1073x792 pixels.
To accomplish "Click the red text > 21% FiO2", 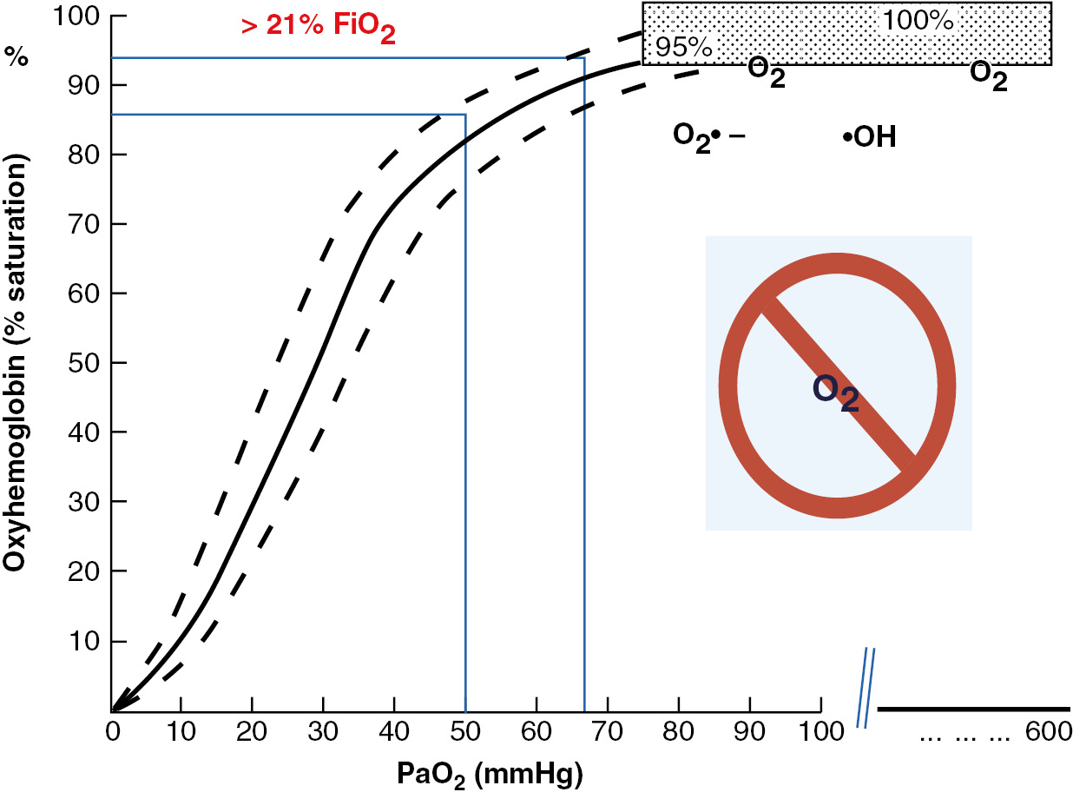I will click(x=319, y=26).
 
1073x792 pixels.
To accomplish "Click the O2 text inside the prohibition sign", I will click(x=835, y=393).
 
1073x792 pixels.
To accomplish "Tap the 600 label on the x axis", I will click(x=1048, y=732).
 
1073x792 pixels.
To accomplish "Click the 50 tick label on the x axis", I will click(x=466, y=731).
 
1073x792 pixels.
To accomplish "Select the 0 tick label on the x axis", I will click(x=112, y=731).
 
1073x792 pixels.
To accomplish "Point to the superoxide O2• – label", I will click(x=708, y=136).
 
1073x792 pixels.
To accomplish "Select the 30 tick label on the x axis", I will click(x=324, y=731).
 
